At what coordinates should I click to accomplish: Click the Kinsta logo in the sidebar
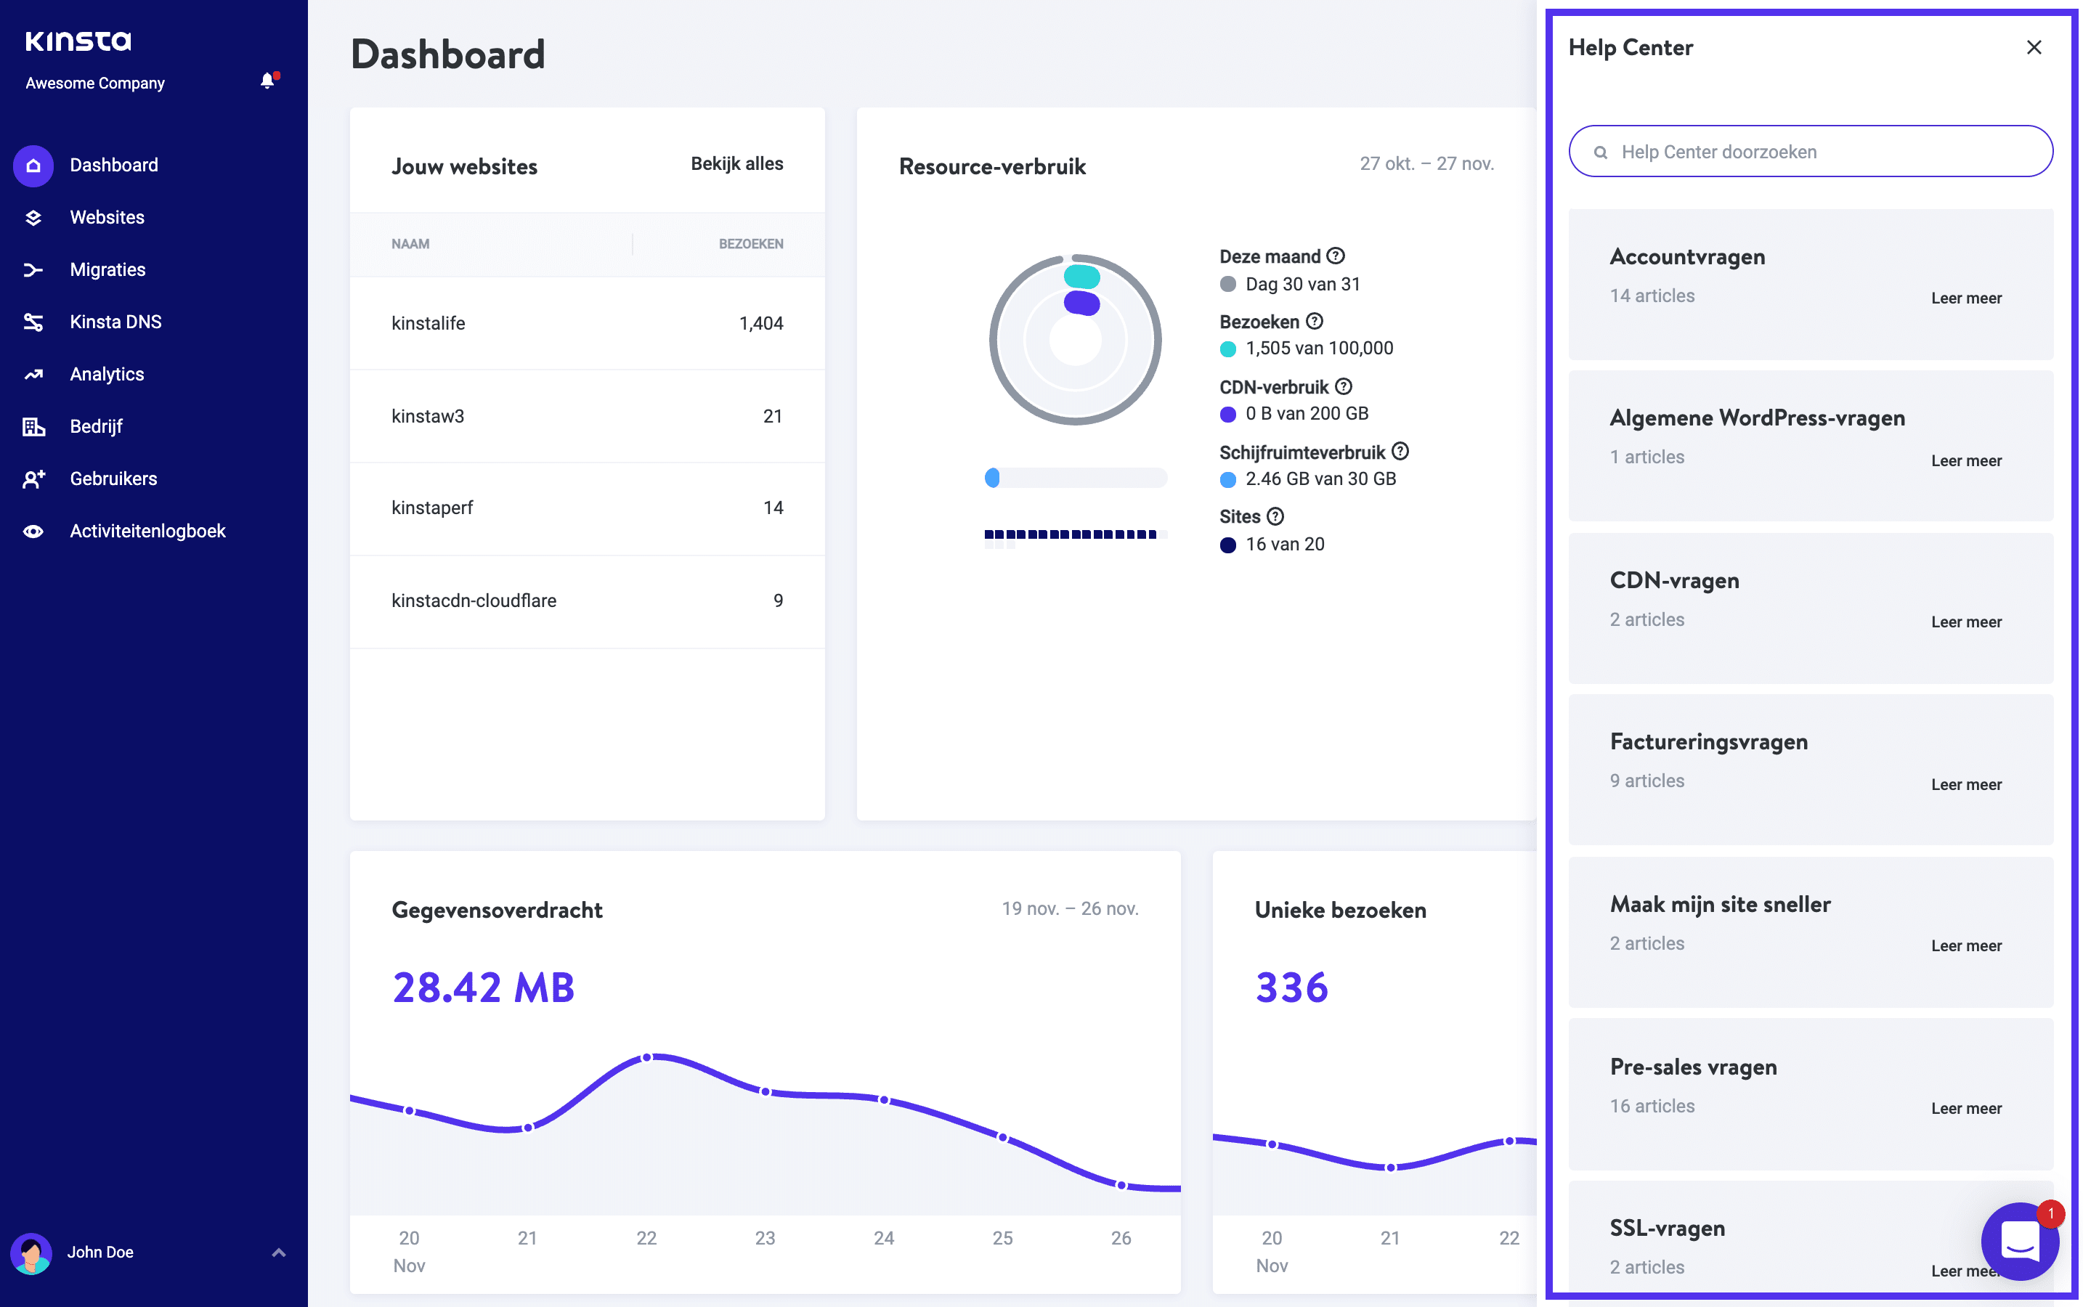(78, 41)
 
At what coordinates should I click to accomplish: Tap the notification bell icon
(268, 81)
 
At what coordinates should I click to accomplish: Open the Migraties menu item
(107, 269)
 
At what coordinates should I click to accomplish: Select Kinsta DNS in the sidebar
(115, 322)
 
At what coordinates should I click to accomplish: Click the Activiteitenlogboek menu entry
(147, 531)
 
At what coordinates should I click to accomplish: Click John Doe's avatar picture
(32, 1253)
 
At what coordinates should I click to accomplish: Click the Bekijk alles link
(736, 163)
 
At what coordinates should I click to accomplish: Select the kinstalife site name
(428, 323)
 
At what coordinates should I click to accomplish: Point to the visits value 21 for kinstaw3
(772, 417)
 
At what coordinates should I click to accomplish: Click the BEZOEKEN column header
(750, 244)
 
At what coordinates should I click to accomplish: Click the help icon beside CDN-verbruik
(1343, 386)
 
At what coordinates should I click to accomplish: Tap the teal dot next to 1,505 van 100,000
(1227, 349)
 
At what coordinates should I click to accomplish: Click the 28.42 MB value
(484, 988)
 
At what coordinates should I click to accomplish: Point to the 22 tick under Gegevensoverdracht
(646, 1238)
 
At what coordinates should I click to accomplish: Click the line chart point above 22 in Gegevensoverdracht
(647, 1057)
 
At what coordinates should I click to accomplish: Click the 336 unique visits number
(1291, 988)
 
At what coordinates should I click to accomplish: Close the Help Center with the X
(2034, 47)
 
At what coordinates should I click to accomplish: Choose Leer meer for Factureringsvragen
(1965, 785)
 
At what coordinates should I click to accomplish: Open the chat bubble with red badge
(2019, 1242)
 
